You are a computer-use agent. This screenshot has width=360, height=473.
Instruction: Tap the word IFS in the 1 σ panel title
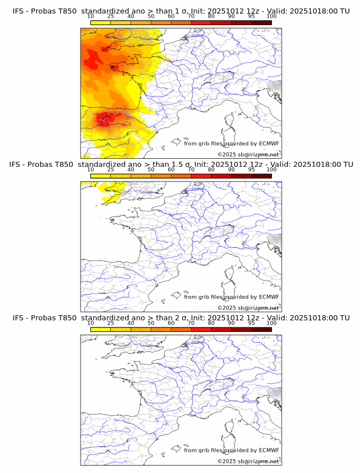(18, 11)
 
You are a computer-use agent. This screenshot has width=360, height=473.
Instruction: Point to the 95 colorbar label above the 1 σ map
(251, 16)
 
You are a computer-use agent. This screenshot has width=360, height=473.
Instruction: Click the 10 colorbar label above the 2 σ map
(91, 323)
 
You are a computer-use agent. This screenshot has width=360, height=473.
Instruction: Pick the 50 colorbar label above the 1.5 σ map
(151, 170)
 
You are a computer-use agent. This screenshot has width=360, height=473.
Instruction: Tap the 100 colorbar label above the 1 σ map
(271, 16)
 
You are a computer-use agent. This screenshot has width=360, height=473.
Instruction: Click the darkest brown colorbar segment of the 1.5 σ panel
(261, 175)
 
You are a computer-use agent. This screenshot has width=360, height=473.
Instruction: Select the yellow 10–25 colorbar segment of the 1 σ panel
(101, 22)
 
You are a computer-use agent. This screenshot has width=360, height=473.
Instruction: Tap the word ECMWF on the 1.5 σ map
(269, 296)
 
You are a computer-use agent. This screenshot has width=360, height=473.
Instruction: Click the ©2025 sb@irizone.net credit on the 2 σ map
(248, 461)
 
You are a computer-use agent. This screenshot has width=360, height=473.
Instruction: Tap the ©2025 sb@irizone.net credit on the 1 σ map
(248, 154)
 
